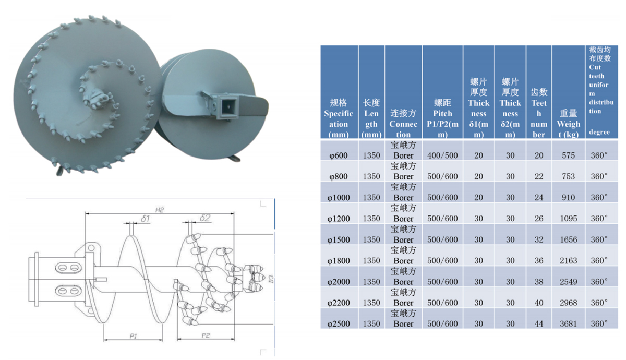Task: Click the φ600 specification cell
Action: tap(339, 155)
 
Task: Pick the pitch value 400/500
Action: tap(442, 155)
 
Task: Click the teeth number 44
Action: tap(539, 324)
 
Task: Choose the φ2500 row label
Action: tap(339, 324)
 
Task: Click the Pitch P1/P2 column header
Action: tap(442, 118)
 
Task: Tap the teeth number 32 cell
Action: tap(539, 239)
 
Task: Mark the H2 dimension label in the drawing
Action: tap(160, 210)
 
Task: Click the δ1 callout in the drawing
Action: tap(145, 219)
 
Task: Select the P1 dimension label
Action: tap(133, 337)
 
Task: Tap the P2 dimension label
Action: tap(206, 335)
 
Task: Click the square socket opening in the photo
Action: tap(227, 107)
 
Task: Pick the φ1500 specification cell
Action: tap(339, 239)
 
